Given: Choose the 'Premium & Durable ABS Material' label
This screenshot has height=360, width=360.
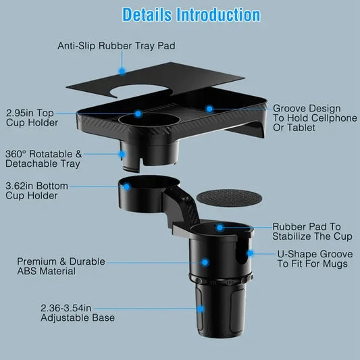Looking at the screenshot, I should click(56, 266).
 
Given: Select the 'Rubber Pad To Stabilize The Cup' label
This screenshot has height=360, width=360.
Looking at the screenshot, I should click(305, 232).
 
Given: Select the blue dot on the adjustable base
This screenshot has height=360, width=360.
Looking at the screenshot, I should click(201, 309).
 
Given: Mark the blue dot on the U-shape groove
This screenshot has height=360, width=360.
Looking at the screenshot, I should click(250, 254).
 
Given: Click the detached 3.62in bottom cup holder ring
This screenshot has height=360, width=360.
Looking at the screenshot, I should click(139, 193).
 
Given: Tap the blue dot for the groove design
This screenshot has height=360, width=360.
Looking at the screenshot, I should click(210, 108).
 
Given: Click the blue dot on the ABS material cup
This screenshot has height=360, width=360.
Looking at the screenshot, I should click(203, 261).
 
